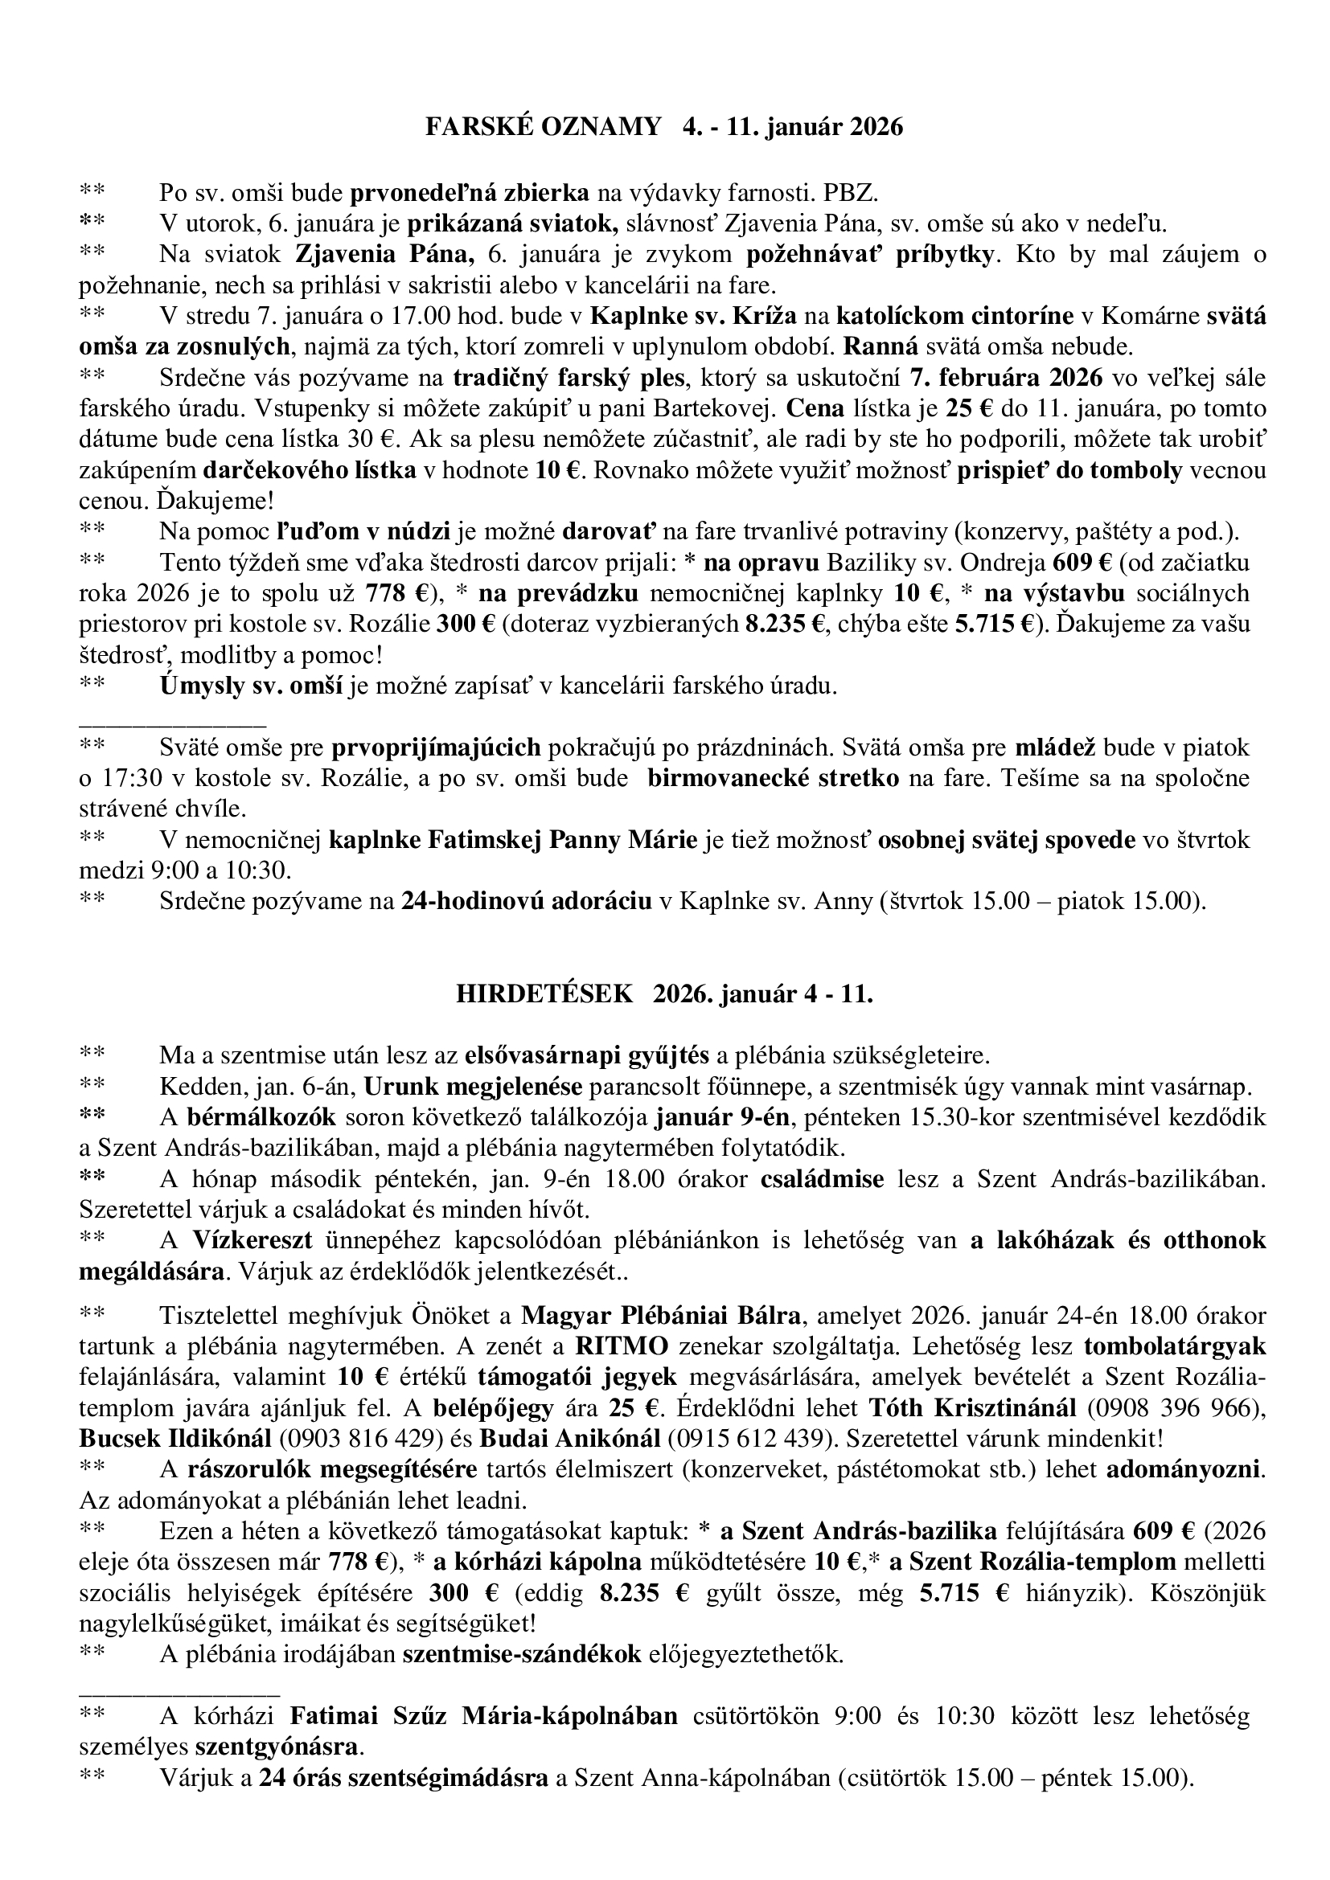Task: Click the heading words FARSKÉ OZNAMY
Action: (543, 127)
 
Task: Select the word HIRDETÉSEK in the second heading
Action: (544, 993)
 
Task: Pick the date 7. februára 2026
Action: (1006, 378)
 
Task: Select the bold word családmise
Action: (823, 1179)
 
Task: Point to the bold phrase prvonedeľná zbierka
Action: (470, 193)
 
